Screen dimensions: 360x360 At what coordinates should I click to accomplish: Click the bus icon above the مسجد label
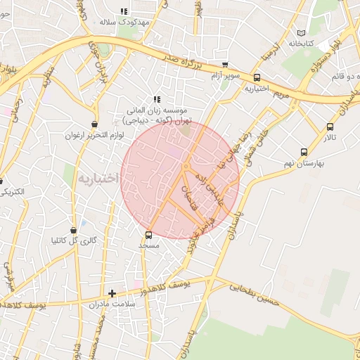point(148,235)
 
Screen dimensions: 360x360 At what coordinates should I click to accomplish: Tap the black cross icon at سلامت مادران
point(112,293)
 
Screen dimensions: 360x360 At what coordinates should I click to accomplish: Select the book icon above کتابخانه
point(301,33)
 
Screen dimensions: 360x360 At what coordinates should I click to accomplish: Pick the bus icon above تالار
point(330,127)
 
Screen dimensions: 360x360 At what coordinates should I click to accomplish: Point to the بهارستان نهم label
point(304,162)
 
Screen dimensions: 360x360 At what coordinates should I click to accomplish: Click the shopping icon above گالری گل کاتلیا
point(74,230)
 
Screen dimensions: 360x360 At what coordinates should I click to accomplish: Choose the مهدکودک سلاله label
point(125,22)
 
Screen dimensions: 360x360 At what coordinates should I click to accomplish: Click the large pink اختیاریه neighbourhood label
point(99,179)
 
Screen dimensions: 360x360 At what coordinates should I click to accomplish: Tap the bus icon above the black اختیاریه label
point(257,78)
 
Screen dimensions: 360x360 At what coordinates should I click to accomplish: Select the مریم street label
point(281,94)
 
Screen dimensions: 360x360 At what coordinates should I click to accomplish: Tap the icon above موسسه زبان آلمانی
point(157,100)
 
